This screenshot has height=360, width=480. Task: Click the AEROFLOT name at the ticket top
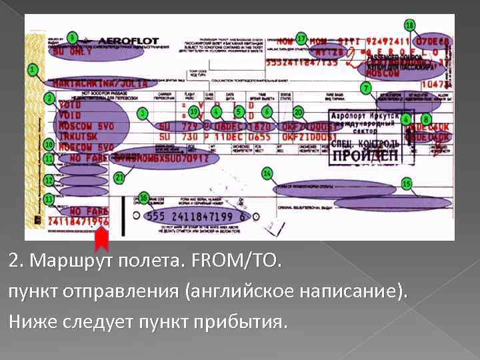132,39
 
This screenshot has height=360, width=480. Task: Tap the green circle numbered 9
72,37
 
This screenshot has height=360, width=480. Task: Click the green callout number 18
409,25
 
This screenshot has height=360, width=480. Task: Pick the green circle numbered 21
119,178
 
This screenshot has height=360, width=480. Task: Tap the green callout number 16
144,198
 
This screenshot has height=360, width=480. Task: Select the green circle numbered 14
267,173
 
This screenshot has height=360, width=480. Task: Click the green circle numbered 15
406,183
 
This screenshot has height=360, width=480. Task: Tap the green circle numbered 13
49,199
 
